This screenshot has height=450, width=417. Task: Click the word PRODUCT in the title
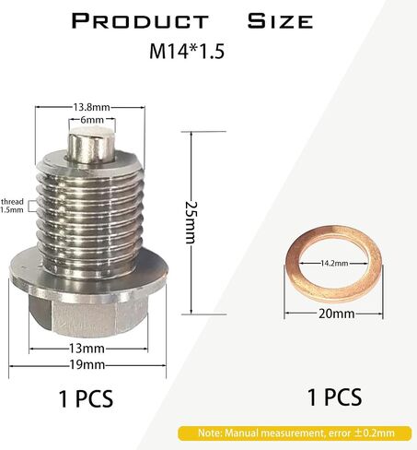[140, 21]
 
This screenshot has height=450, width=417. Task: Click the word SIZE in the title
[280, 21]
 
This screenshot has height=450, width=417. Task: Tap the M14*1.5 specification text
[187, 52]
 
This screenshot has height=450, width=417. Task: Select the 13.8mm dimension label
[91, 107]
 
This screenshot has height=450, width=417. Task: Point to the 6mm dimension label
[92, 120]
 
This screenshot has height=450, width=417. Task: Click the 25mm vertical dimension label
[191, 222]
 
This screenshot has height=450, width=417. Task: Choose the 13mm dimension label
[87, 349]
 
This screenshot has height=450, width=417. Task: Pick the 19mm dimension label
[87, 365]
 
